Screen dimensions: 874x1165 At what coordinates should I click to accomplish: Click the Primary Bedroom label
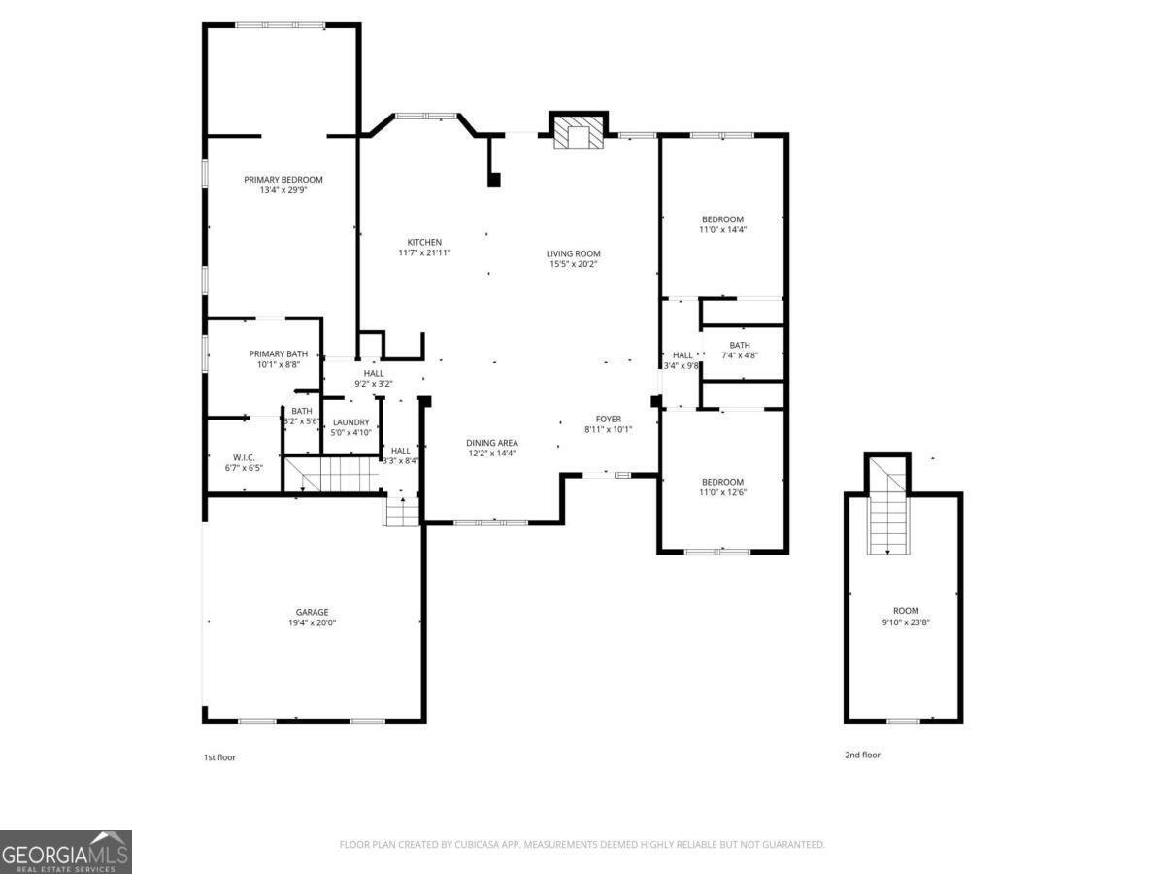point(283,180)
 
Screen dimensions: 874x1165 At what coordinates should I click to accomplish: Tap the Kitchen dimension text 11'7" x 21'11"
point(424,253)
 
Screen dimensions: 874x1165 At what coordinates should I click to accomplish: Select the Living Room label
point(573,253)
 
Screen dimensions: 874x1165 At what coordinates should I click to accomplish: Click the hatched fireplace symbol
point(578,137)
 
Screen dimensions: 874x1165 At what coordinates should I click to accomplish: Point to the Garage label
point(312,613)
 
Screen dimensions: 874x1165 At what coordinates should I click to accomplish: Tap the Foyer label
point(609,420)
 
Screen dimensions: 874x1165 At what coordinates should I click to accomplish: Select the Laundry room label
point(350,422)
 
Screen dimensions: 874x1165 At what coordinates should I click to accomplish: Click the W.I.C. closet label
point(244,457)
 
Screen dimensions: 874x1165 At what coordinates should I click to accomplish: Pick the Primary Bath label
point(279,354)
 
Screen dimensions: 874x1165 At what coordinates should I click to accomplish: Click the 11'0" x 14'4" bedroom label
point(722,219)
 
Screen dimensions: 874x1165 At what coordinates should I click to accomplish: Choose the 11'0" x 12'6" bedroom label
point(722,483)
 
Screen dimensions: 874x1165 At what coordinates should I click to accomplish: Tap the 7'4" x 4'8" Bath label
point(740,345)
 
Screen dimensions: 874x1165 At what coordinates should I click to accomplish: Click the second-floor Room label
point(905,611)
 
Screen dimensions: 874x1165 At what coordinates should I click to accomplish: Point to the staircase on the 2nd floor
point(887,520)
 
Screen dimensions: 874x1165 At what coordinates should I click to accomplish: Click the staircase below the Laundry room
point(335,474)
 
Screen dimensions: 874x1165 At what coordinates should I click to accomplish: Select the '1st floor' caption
point(219,757)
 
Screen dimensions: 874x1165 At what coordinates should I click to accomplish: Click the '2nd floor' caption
point(862,755)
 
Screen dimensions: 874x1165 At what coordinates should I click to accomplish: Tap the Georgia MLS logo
point(66,852)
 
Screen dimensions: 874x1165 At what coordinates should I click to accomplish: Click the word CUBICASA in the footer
point(479,845)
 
